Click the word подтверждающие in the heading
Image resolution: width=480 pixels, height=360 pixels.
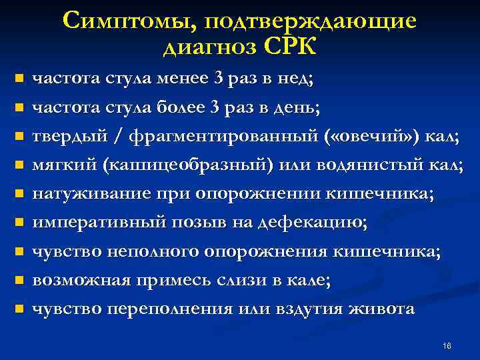click(x=311, y=21)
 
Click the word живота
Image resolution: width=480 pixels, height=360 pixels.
click(x=387, y=309)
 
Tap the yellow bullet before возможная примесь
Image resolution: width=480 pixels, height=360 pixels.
click(x=19, y=281)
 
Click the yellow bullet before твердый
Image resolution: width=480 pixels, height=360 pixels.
click(x=19, y=136)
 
